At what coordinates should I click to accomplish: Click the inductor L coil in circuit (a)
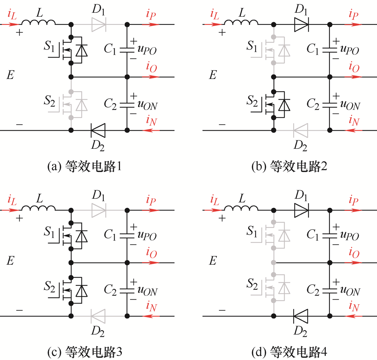(x=38, y=22)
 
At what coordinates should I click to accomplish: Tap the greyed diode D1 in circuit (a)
(x=99, y=24)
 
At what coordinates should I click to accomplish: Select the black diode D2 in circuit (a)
(x=98, y=130)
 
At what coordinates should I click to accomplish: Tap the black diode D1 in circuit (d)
(x=302, y=211)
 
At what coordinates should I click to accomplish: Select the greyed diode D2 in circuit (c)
(x=98, y=316)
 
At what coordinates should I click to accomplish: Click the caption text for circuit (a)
(x=84, y=166)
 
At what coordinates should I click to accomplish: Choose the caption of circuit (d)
(x=289, y=352)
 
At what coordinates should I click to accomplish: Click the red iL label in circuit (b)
(x=215, y=14)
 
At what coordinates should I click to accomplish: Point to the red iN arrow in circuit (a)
(x=151, y=130)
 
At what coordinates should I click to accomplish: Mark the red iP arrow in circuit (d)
(x=353, y=211)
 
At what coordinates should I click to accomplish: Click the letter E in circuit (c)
(x=10, y=261)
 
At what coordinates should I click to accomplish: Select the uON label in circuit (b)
(x=350, y=105)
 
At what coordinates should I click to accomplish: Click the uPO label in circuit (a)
(x=147, y=50)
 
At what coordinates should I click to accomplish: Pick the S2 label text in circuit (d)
(x=252, y=284)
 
